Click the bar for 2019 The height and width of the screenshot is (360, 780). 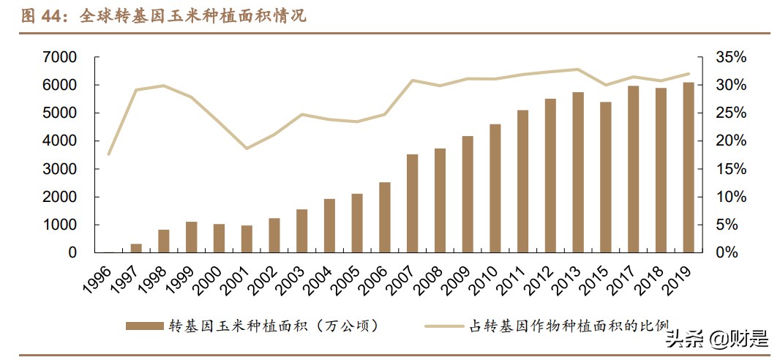[x=689, y=168]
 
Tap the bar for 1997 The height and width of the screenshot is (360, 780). [x=136, y=248]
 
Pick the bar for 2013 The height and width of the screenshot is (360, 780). [x=578, y=173]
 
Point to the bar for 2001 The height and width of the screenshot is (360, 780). [x=247, y=239]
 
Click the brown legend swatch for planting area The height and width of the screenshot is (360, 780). [x=145, y=325]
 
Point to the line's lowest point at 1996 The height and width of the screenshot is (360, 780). [x=108, y=154]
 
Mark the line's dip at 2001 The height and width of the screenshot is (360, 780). [x=247, y=149]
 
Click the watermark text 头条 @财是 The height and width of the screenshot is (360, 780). [x=716, y=338]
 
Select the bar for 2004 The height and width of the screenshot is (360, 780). [x=329, y=225]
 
